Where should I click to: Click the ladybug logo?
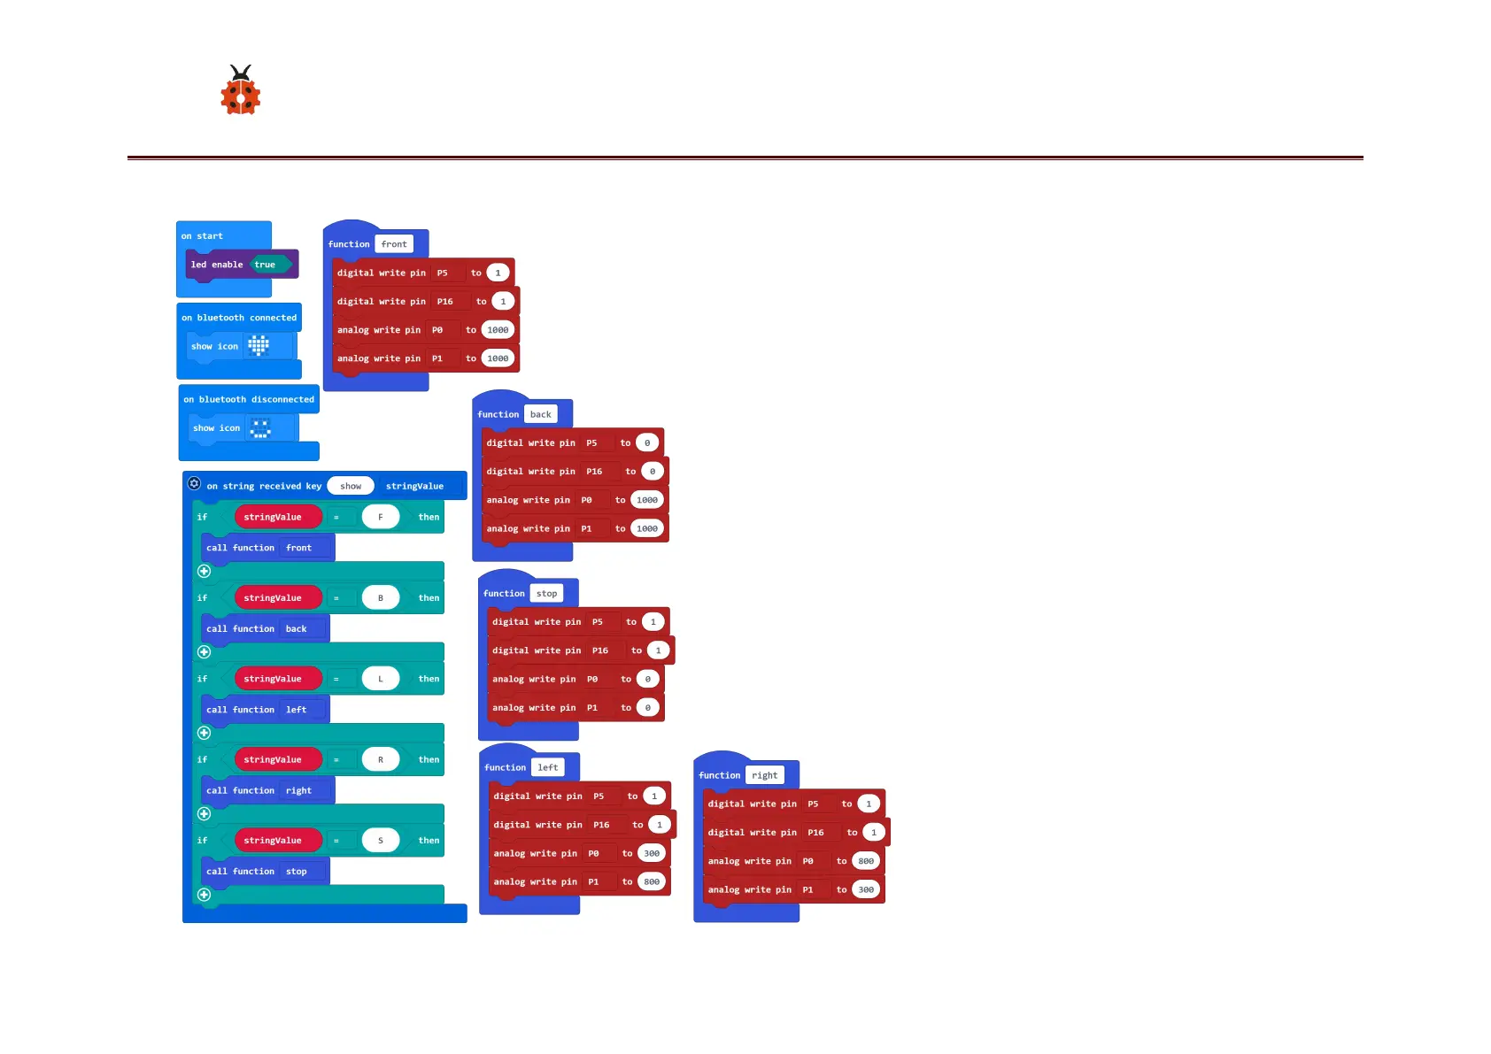240,91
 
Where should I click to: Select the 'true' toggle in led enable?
266,265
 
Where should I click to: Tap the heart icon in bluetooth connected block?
259,346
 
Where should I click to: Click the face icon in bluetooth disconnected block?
260,428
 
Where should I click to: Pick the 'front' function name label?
394,244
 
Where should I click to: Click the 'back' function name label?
540,414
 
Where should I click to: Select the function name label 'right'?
764,775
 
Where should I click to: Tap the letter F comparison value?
381,517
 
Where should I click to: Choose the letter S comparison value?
381,841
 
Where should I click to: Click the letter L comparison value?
381,679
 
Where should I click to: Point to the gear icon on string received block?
195,484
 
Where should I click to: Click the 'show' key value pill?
351,486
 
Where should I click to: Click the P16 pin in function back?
594,472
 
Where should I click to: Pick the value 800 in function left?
652,881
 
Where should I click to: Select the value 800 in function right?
866,861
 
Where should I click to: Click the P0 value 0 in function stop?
648,679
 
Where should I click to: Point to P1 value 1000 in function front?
498,358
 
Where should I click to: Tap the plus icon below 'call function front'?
205,571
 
